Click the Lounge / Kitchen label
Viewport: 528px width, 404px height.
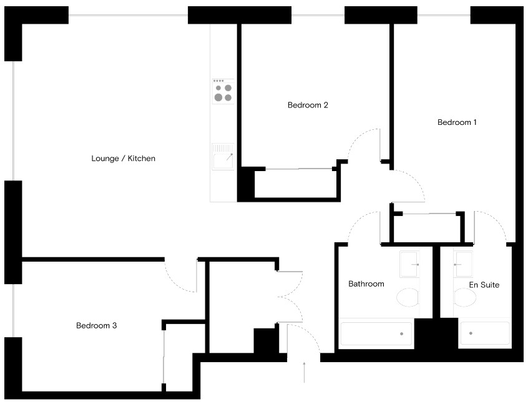[x=123, y=159]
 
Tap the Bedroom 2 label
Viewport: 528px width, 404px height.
[x=308, y=105]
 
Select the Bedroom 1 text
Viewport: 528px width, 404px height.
[x=457, y=122]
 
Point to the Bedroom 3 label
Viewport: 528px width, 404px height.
[x=97, y=325]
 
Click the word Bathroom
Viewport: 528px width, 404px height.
[x=366, y=284]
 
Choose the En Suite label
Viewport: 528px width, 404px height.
[x=484, y=285]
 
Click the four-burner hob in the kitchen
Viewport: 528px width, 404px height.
[x=223, y=91]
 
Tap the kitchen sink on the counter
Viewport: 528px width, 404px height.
[x=223, y=157]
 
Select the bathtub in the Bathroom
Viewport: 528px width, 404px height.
[x=376, y=333]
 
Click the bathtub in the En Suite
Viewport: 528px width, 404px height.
[x=484, y=333]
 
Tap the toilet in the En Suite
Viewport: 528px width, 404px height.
[x=464, y=297]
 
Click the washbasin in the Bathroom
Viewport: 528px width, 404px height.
[x=410, y=264]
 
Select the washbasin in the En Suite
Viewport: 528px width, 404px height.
[x=464, y=264]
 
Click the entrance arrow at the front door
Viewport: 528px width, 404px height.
[x=305, y=372]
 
